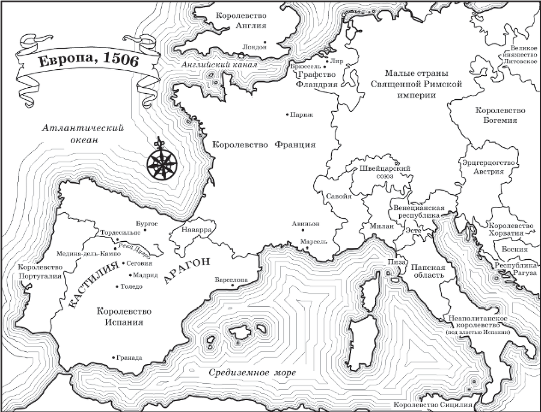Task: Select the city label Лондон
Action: pyautogui.click(x=253, y=46)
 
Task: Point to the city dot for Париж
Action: pyautogui.click(x=287, y=114)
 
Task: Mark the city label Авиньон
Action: pyautogui.click(x=305, y=223)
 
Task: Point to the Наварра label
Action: pyautogui.click(x=195, y=230)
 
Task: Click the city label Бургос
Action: pyautogui.click(x=147, y=223)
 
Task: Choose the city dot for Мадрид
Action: pyautogui.click(x=130, y=275)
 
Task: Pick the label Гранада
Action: pyautogui.click(x=130, y=357)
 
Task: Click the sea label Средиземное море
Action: pyautogui.click(x=252, y=373)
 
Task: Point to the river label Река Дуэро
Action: pyautogui.click(x=134, y=247)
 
